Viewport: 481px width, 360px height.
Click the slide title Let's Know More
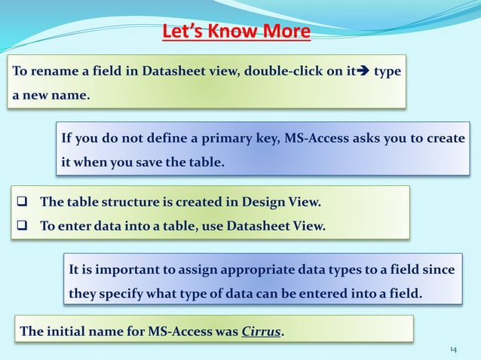236,32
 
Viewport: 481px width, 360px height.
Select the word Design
268,202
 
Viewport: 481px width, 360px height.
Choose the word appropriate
253,270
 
